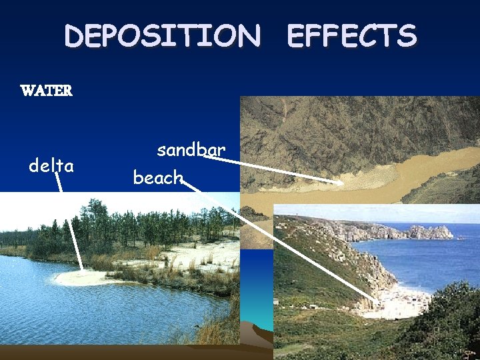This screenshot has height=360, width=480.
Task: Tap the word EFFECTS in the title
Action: point(351,35)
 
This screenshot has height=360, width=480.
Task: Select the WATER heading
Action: point(46,91)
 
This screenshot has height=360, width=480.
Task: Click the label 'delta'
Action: point(51,165)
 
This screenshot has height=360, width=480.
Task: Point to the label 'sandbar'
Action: point(191,150)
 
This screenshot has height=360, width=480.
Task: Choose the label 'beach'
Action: point(158,177)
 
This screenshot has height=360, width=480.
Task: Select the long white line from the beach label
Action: point(280,243)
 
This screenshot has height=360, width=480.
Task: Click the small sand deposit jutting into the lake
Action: point(80,277)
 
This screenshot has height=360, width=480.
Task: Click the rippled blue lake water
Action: point(100,313)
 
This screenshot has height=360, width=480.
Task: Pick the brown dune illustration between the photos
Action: point(257,330)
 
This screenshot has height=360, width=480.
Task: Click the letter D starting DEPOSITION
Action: point(75,35)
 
